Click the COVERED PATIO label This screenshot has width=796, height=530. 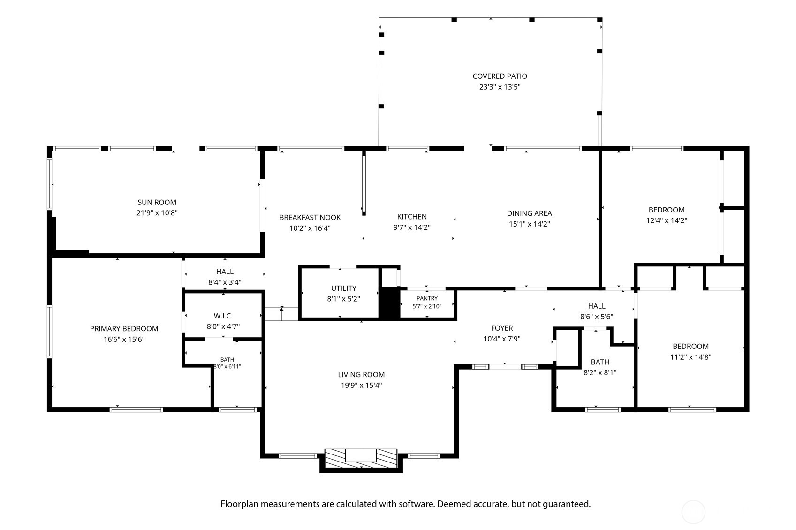500,76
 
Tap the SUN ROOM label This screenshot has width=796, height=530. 157,202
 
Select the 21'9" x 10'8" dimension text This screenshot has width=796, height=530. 157,213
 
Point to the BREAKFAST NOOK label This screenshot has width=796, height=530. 310,218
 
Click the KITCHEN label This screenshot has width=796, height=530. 412,217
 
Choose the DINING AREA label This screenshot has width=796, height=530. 530,213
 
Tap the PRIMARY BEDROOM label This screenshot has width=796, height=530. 124,329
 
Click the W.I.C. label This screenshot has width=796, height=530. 223,316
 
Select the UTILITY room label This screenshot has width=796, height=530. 344,288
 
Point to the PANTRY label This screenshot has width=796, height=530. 427,298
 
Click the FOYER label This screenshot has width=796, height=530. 502,328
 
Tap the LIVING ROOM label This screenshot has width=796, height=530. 361,374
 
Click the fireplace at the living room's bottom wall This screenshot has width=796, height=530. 361,458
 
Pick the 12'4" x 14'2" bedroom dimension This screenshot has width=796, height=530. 666,220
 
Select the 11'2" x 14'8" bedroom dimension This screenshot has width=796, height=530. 690,357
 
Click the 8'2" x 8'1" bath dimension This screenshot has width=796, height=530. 600,372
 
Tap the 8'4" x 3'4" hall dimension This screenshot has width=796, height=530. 225,282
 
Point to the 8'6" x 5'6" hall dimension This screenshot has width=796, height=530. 597,317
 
